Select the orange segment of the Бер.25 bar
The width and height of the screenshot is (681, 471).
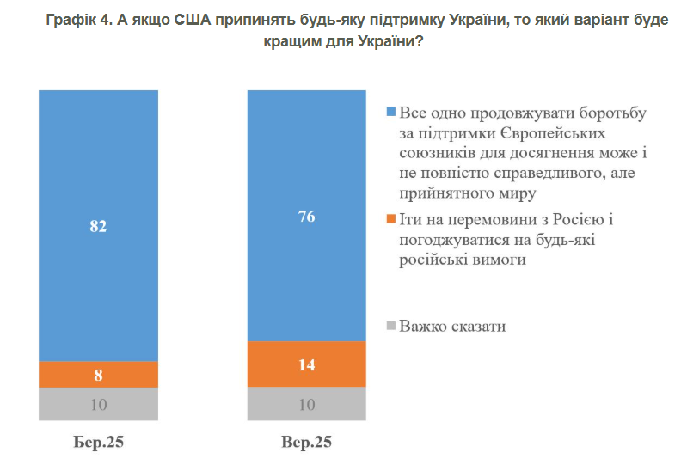click(98, 375)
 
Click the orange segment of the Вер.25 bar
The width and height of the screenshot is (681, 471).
click(306, 364)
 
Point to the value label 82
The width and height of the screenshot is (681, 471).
click(99, 227)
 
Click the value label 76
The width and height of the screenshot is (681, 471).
click(306, 217)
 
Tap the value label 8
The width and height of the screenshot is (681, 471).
click(99, 375)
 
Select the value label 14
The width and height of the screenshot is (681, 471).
click(306, 364)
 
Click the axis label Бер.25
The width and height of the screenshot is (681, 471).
click(99, 443)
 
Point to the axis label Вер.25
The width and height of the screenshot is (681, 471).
click(306, 443)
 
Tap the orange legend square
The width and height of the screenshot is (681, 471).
click(391, 221)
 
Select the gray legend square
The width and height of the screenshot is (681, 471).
click(391, 327)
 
